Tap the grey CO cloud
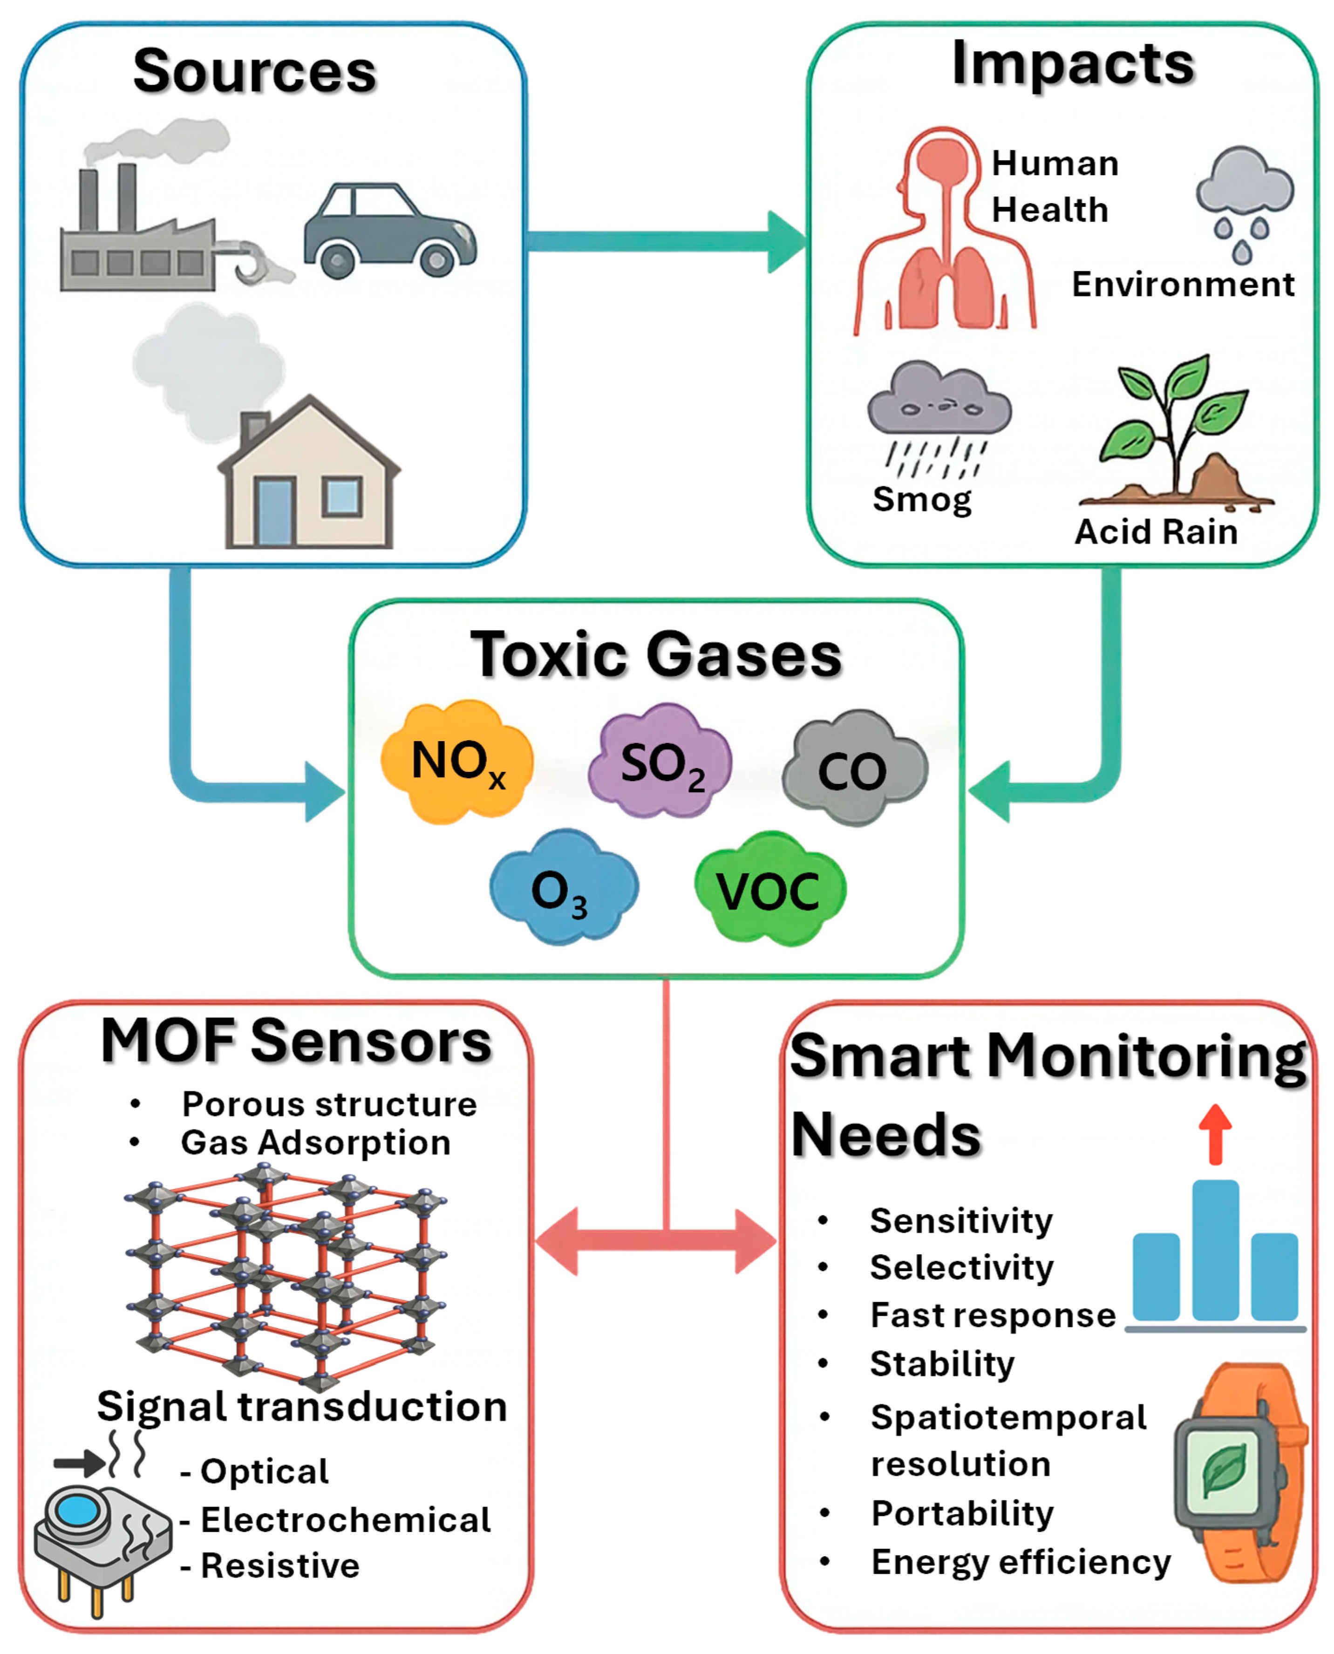click(853, 768)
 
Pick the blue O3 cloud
click(563, 887)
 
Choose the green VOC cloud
click(769, 890)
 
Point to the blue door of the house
click(274, 511)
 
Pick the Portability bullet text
click(962, 1513)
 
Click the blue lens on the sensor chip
click(78, 1511)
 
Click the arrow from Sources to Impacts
click(665, 242)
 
